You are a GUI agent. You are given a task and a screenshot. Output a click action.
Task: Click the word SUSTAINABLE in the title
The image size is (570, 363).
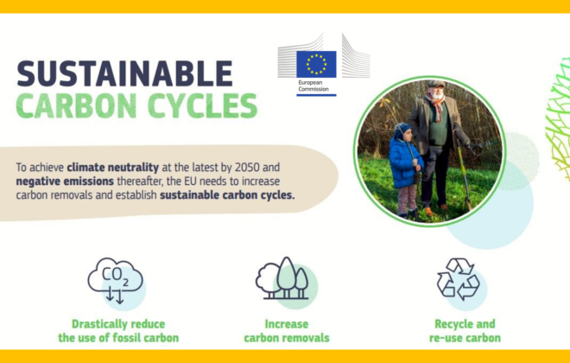coord(124,73)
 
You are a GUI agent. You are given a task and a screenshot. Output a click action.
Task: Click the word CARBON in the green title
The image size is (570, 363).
coord(76,105)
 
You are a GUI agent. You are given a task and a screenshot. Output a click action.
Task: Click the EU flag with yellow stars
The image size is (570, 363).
coord(316,64)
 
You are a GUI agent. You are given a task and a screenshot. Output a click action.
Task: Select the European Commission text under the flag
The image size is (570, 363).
coord(313,86)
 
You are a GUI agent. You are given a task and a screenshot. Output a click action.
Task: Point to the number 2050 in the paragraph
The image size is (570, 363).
coord(247,168)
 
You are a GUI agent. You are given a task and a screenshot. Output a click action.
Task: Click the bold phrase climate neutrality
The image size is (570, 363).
coord(113,168)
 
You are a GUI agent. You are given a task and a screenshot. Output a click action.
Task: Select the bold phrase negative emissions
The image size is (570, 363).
coord(65,181)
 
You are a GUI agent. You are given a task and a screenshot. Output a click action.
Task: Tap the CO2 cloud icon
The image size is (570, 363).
coord(116,280)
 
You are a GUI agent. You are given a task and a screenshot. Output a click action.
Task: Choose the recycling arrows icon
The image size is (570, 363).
coord(459,279)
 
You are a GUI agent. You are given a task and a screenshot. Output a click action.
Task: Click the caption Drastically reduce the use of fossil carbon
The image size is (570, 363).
coord(118,331)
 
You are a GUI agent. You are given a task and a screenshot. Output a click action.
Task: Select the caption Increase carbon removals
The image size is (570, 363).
coord(287,331)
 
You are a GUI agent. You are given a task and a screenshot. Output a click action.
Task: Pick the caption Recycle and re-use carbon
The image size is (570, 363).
coord(465,331)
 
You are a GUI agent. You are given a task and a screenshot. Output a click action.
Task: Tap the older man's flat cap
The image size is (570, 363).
coord(435,84)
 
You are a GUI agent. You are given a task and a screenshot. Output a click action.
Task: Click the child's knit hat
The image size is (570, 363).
coord(402,130)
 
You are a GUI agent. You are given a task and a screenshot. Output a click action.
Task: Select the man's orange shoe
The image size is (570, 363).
coord(428,211)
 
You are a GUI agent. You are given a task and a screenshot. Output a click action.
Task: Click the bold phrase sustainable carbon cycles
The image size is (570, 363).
coord(227,195)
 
